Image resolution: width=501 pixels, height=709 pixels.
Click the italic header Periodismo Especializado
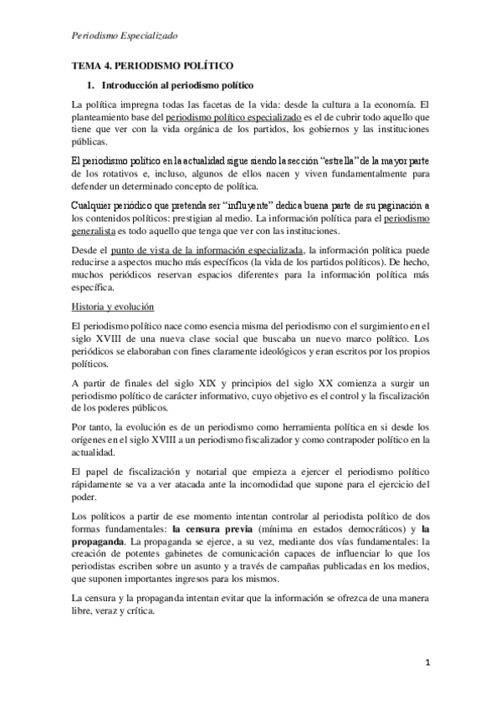point(125,36)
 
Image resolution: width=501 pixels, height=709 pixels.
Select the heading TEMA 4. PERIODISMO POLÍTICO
point(151,65)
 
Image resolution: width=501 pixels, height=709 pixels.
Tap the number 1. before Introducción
point(91,85)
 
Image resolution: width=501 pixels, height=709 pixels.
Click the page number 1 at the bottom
point(426,665)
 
